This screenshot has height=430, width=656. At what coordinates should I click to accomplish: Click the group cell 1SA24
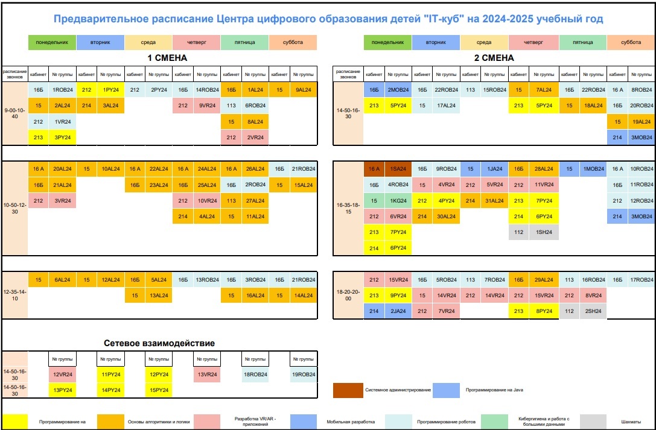(x=398, y=169)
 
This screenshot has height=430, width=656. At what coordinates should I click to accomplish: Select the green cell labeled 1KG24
(x=398, y=201)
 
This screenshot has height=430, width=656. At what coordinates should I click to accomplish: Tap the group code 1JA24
(x=495, y=169)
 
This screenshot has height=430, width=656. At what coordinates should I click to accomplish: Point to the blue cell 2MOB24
(x=398, y=90)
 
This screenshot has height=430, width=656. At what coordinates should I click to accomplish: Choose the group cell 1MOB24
(x=593, y=169)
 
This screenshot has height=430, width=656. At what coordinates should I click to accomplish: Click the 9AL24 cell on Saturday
(x=304, y=90)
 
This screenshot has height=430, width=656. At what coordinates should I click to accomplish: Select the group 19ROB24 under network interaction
(x=303, y=375)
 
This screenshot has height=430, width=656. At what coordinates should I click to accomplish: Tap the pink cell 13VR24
(x=206, y=375)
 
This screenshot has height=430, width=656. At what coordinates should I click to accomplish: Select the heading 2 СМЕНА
(x=494, y=58)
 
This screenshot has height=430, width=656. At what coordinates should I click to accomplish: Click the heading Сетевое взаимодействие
(x=160, y=343)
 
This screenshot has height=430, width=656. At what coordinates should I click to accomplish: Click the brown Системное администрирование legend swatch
(x=348, y=390)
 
